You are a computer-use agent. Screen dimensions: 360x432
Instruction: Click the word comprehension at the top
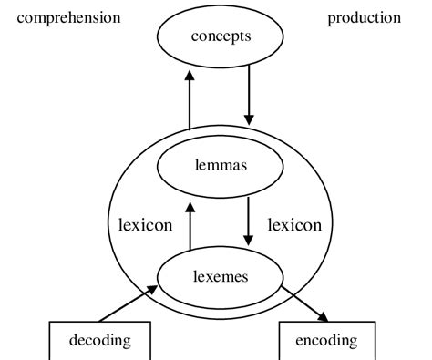pyautogui.click(x=68, y=17)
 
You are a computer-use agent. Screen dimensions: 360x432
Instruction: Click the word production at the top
pyautogui.click(x=364, y=17)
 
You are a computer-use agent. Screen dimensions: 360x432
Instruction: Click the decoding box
pyautogui.click(x=100, y=342)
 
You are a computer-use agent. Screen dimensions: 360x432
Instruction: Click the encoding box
pyautogui.click(x=326, y=342)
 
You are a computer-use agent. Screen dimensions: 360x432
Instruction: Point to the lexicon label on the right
pyautogui.click(x=293, y=224)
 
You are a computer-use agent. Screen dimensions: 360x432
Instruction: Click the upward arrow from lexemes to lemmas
pyautogui.click(x=190, y=226)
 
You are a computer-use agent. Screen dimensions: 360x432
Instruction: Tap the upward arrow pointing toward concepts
pyautogui.click(x=190, y=99)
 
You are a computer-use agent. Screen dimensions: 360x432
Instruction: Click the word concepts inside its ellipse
pyautogui.click(x=220, y=36)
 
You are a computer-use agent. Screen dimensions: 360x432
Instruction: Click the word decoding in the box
pyautogui.click(x=100, y=342)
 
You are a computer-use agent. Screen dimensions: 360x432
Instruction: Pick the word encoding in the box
pyautogui.click(x=326, y=342)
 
